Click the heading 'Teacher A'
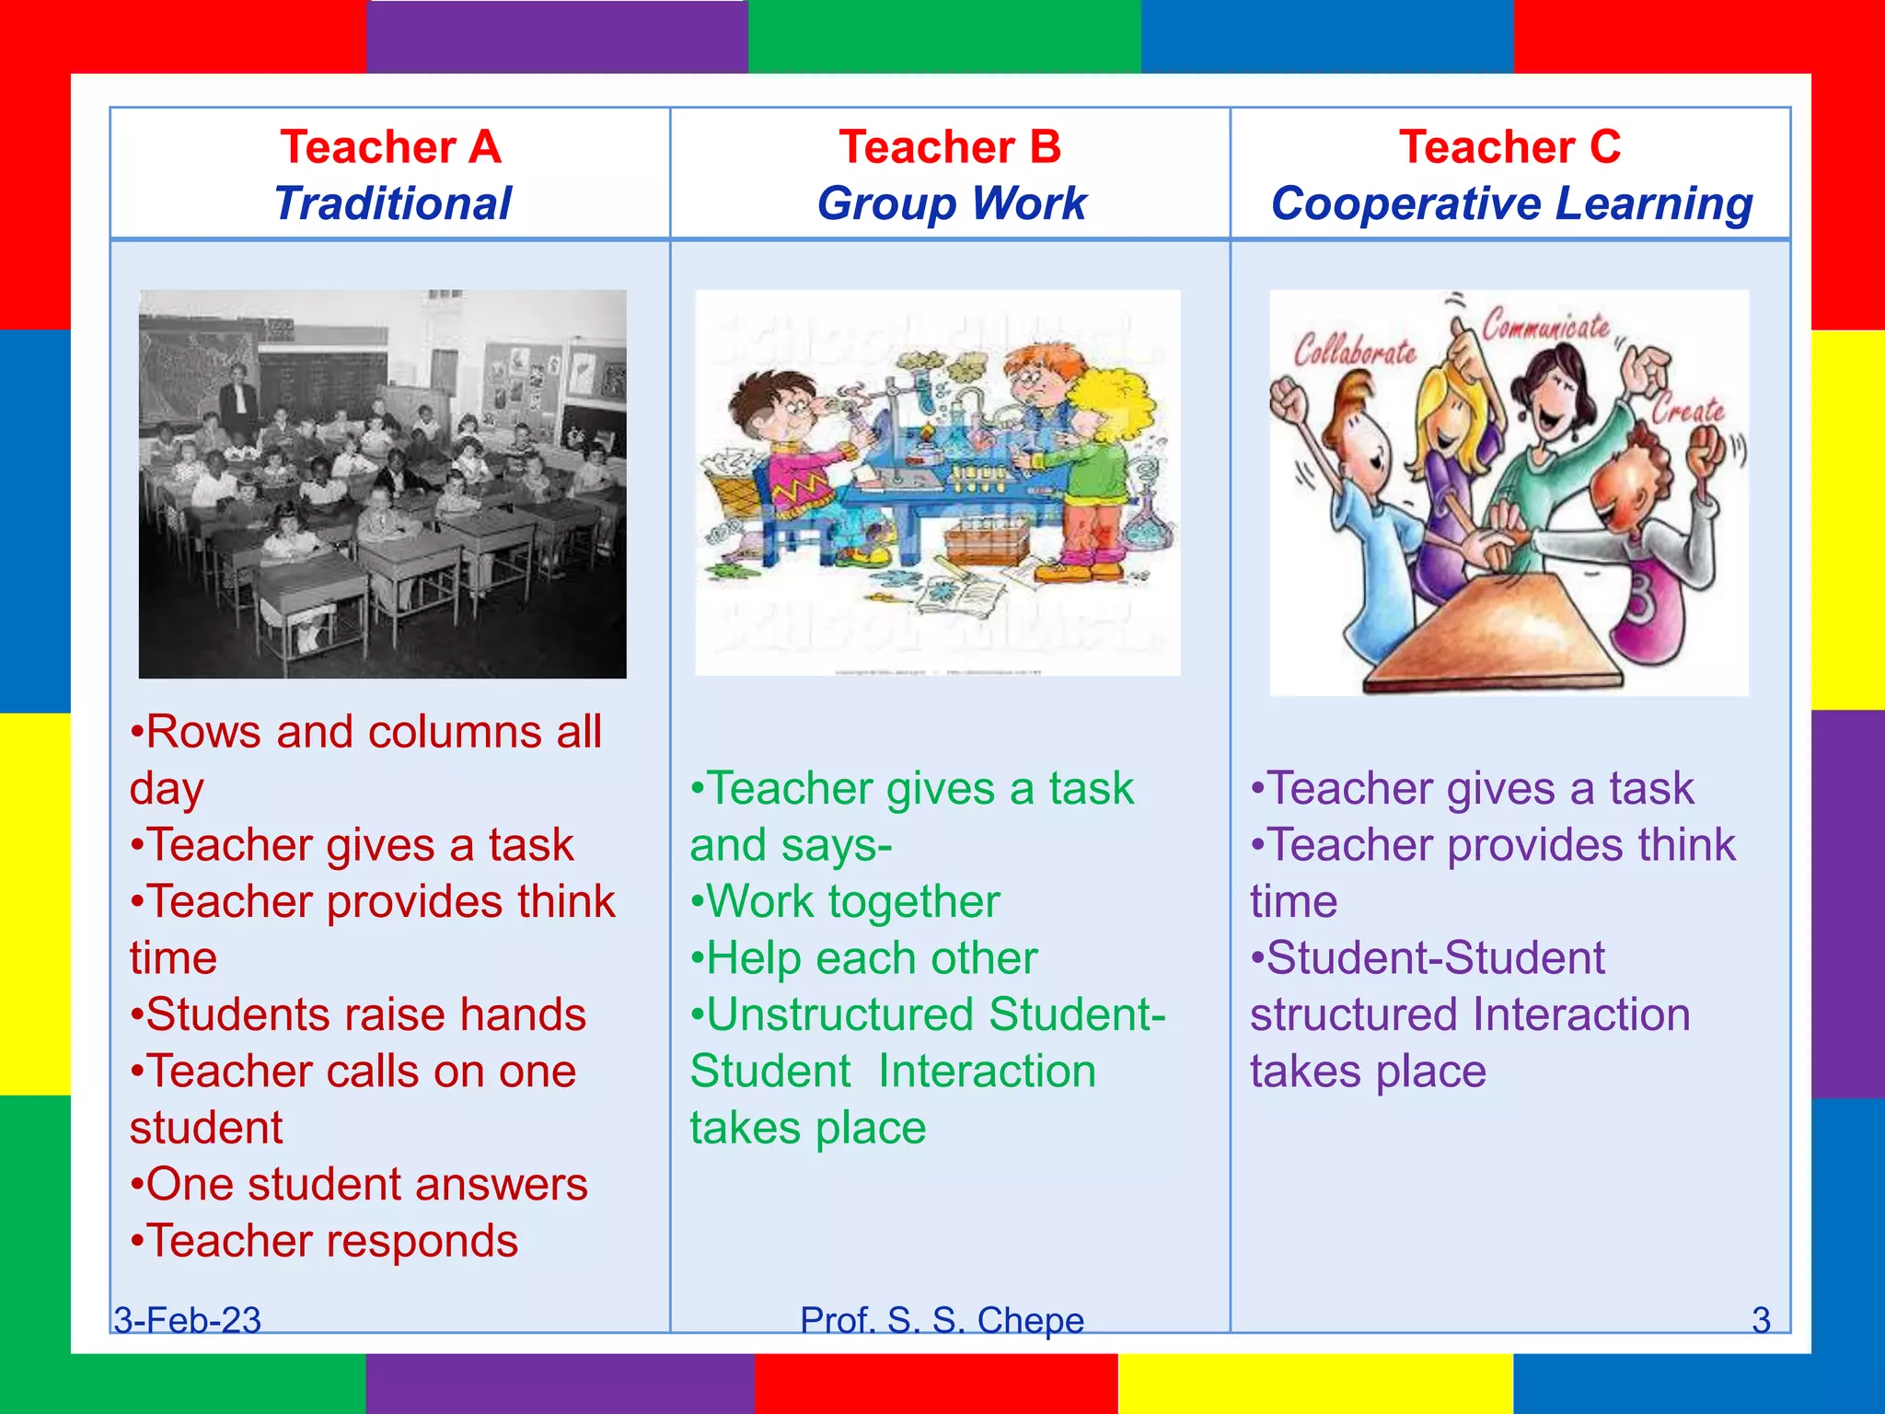(x=390, y=147)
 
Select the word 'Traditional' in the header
(x=392, y=203)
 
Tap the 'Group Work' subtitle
(x=952, y=203)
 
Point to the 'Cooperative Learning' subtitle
(x=1511, y=203)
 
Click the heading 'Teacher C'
(x=1509, y=147)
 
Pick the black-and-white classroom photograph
(x=382, y=484)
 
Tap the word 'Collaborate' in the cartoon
(x=1355, y=351)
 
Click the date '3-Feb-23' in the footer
(x=188, y=1320)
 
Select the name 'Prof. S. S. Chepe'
(x=942, y=1320)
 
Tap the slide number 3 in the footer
(x=1761, y=1320)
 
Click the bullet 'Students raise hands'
(x=359, y=1014)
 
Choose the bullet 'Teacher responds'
(x=325, y=1241)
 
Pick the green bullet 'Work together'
(x=846, y=901)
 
